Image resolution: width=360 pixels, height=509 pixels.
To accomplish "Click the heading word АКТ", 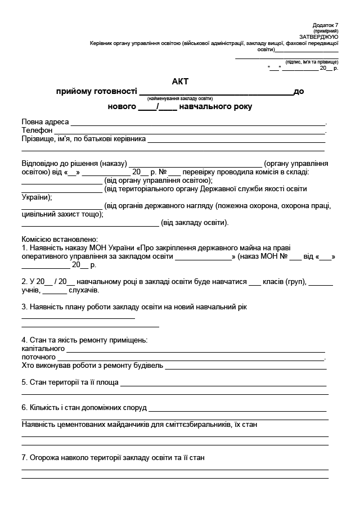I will coord(180,82).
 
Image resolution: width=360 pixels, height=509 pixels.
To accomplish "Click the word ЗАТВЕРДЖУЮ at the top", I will coord(323,37).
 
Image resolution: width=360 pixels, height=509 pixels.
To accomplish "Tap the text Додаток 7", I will coord(326,25).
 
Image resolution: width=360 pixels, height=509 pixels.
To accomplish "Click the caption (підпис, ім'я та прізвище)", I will coord(312,62).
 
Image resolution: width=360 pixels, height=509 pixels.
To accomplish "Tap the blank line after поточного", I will coord(191,358).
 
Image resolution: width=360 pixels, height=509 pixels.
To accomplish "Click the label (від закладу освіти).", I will coord(195,223).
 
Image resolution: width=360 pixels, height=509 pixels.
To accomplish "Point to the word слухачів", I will coord(84,291).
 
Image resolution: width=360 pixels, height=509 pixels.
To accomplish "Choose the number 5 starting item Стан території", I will coord(24,382).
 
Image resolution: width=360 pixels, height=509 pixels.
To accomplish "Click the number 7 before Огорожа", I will coord(24,458).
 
